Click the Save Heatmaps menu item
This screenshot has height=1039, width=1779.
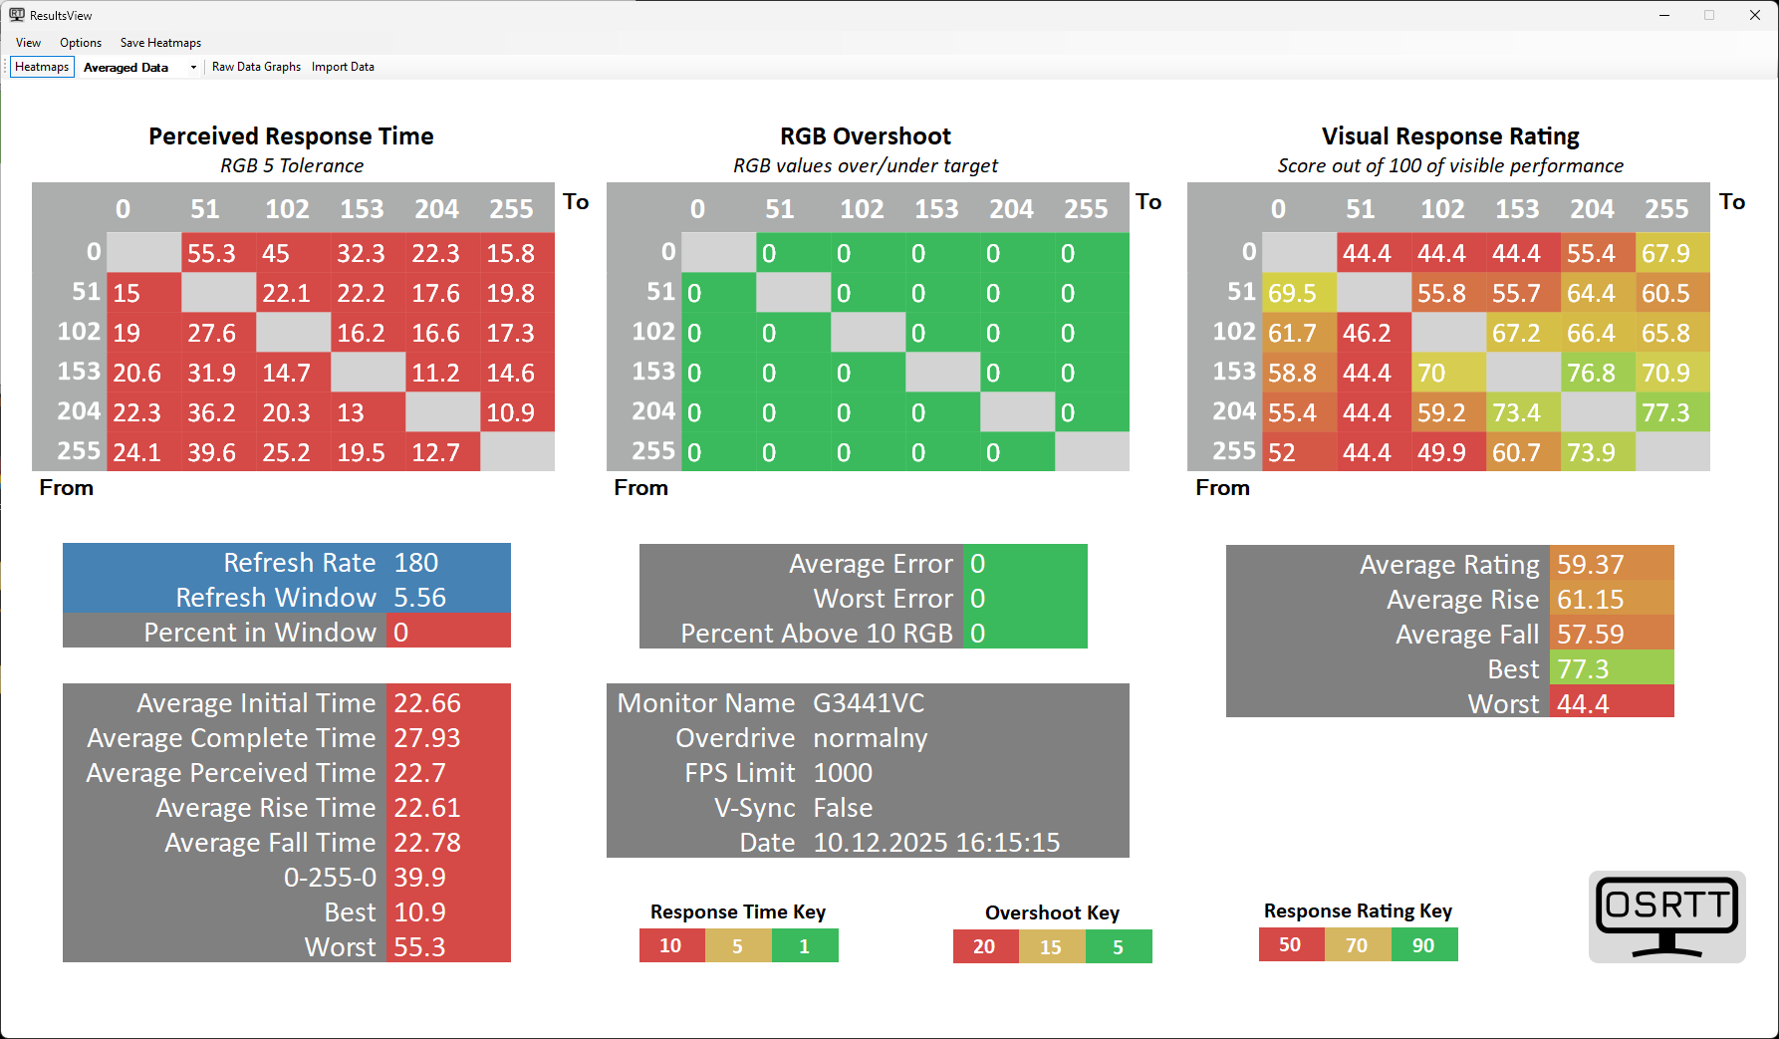[160, 43]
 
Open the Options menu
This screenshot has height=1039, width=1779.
[81, 43]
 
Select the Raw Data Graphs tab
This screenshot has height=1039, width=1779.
[256, 67]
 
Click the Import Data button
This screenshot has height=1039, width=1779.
[343, 67]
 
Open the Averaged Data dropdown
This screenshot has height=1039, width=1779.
[193, 68]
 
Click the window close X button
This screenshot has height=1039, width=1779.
[1754, 15]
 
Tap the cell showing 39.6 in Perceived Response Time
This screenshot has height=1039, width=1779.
[212, 452]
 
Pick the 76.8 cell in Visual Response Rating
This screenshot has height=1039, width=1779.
[1591, 373]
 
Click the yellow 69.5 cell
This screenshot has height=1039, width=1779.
[1292, 293]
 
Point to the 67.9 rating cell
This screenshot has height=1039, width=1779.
[1665, 253]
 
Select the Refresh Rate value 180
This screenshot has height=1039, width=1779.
[416, 563]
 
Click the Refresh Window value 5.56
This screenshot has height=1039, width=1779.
[420, 598]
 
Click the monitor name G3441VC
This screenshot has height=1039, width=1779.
[869, 703]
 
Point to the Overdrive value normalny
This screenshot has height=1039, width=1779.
[871, 738]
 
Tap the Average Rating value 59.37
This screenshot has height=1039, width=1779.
[1591, 565]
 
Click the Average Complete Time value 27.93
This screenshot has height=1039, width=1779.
[427, 738]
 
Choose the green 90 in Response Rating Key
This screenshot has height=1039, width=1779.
[1423, 945]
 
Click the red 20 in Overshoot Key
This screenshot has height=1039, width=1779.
[984, 946]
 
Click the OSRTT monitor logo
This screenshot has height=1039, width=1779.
[1666, 917]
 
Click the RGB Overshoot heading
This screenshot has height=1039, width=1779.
[865, 136]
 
